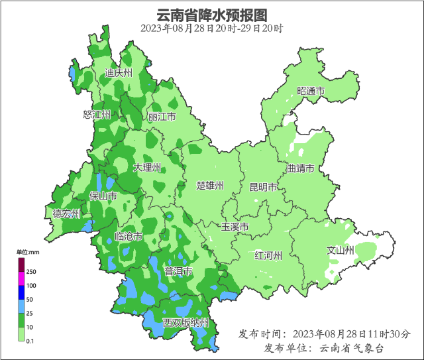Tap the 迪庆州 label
(x=119, y=73)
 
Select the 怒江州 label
(x=96, y=115)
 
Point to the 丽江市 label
(x=162, y=117)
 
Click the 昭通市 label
(x=311, y=91)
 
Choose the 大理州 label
(x=147, y=168)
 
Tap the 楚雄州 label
(x=211, y=186)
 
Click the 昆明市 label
(x=262, y=188)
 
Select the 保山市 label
(x=103, y=196)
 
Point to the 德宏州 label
(x=67, y=213)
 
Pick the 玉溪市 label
(x=235, y=227)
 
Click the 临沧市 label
(x=129, y=237)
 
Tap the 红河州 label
(x=269, y=255)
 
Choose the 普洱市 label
(x=178, y=271)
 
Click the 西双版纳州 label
(x=186, y=323)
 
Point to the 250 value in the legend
(x=31, y=272)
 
